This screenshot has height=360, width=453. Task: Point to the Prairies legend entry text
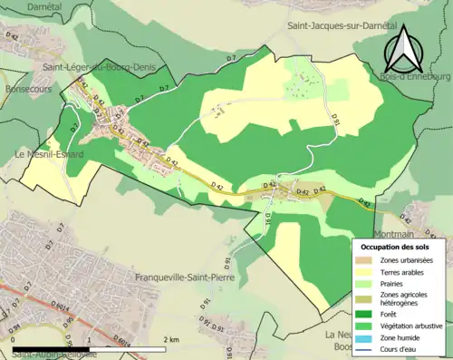(391, 282)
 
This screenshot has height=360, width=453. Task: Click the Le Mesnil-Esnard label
(50, 155)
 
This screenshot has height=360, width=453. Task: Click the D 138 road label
(269, 219)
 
